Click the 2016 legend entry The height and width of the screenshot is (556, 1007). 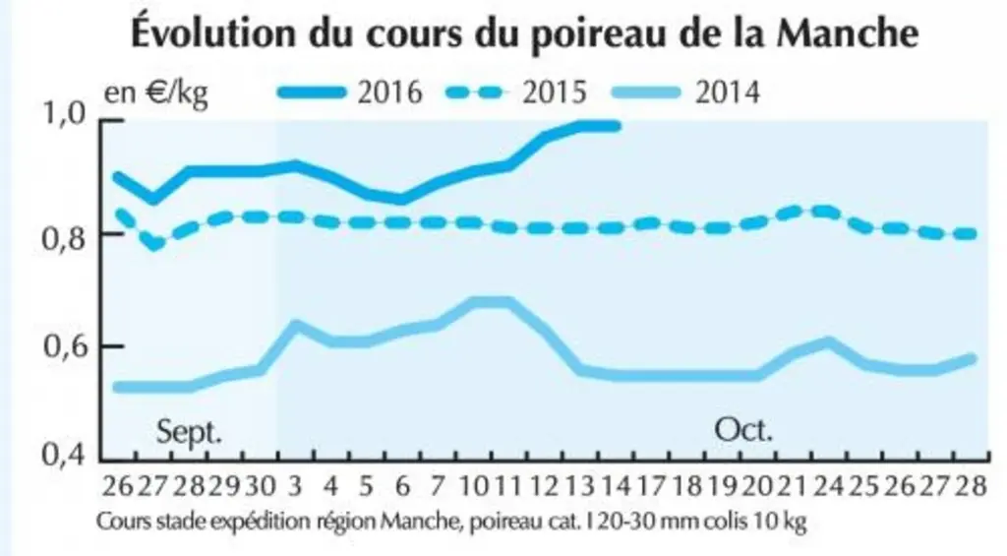tap(350, 92)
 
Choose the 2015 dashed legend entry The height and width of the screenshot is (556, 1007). tap(515, 92)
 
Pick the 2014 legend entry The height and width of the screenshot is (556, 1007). tap(685, 92)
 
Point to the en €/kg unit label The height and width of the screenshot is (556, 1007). tap(156, 93)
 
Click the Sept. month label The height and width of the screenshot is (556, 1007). tap(190, 432)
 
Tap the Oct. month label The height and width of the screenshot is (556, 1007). tap(743, 429)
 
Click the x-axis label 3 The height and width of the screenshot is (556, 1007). tap(295, 486)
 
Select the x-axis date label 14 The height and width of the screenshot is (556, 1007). tap(617, 486)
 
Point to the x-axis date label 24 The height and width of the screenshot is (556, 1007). tap(828, 486)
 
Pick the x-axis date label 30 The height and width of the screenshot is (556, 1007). tap(260, 486)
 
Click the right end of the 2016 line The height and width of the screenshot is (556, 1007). tap(619, 126)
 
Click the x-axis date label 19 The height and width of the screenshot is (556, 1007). tap(723, 486)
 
